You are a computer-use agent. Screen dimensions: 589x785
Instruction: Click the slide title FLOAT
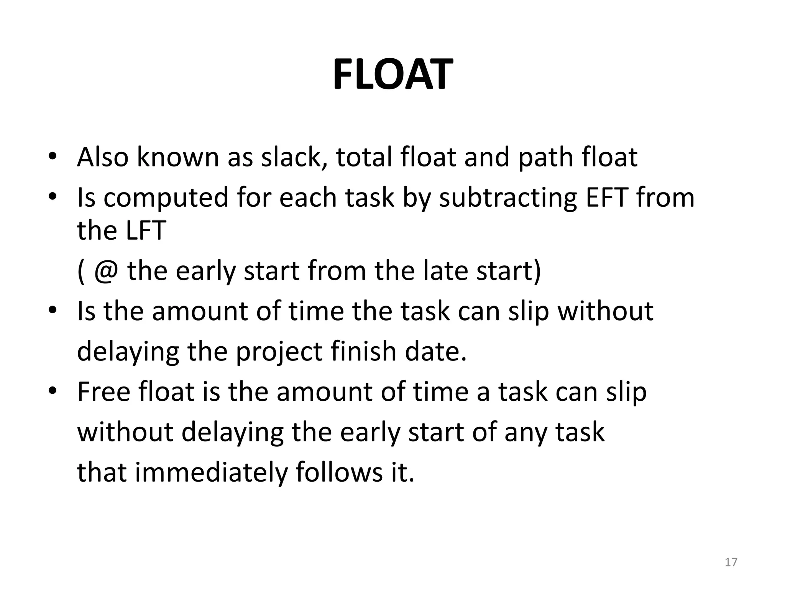tap(392, 74)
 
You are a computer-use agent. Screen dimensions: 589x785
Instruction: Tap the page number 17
tap(731, 562)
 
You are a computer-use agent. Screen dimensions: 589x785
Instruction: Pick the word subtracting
tap(507, 198)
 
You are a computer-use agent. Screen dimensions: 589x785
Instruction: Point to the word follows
tap(339, 472)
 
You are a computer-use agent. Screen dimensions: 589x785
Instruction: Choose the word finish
tap(363, 352)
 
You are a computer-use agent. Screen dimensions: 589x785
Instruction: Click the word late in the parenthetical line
tap(445, 271)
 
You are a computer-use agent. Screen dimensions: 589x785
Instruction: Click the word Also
tap(103, 157)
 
